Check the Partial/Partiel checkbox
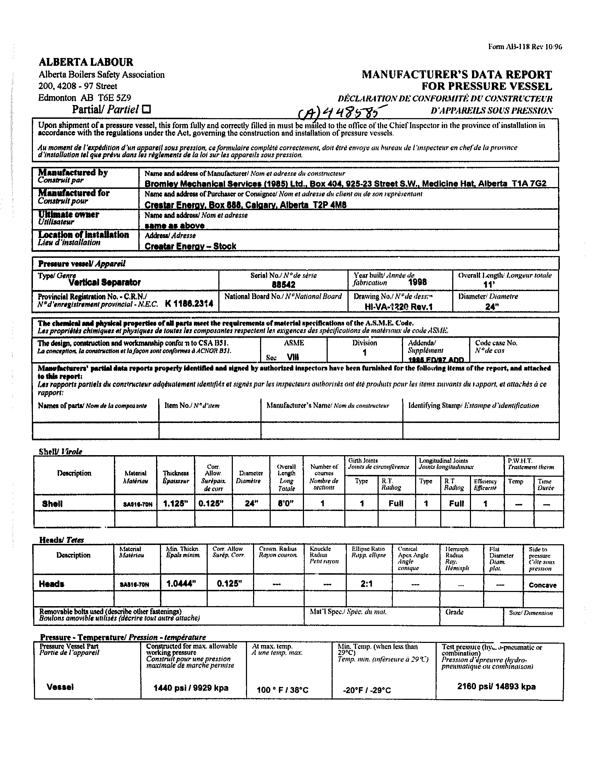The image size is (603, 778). pos(146,109)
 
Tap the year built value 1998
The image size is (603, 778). pos(417,282)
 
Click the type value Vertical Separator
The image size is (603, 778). pos(104,283)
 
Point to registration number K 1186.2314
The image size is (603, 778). pos(189,303)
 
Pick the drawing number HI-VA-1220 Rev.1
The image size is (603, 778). pos(399,307)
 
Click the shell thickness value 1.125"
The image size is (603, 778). pos(175,504)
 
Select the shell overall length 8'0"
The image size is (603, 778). pos(286,504)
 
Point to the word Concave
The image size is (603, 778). pos(542,585)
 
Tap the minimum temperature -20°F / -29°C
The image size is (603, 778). pos(367,690)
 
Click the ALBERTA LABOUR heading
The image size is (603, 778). pos(86,62)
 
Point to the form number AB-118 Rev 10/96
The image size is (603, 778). pos(525,47)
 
